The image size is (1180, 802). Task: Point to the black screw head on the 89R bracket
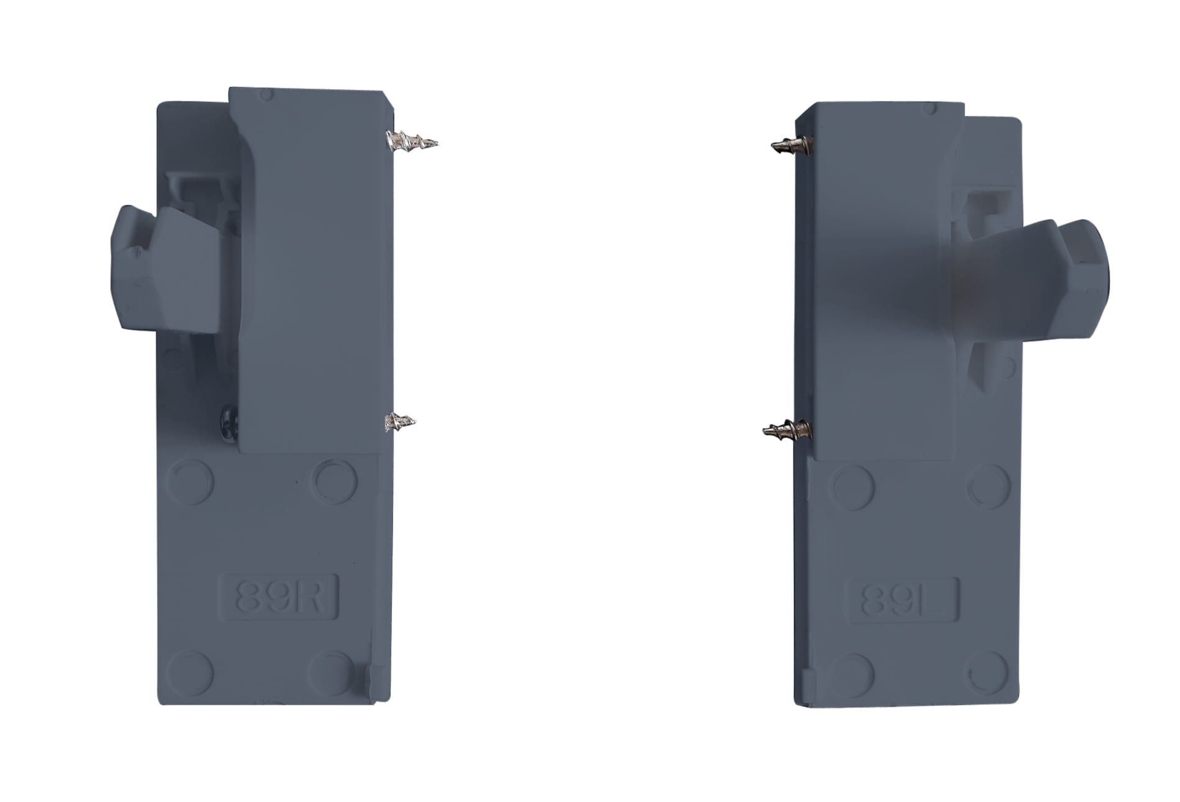tap(229, 422)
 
